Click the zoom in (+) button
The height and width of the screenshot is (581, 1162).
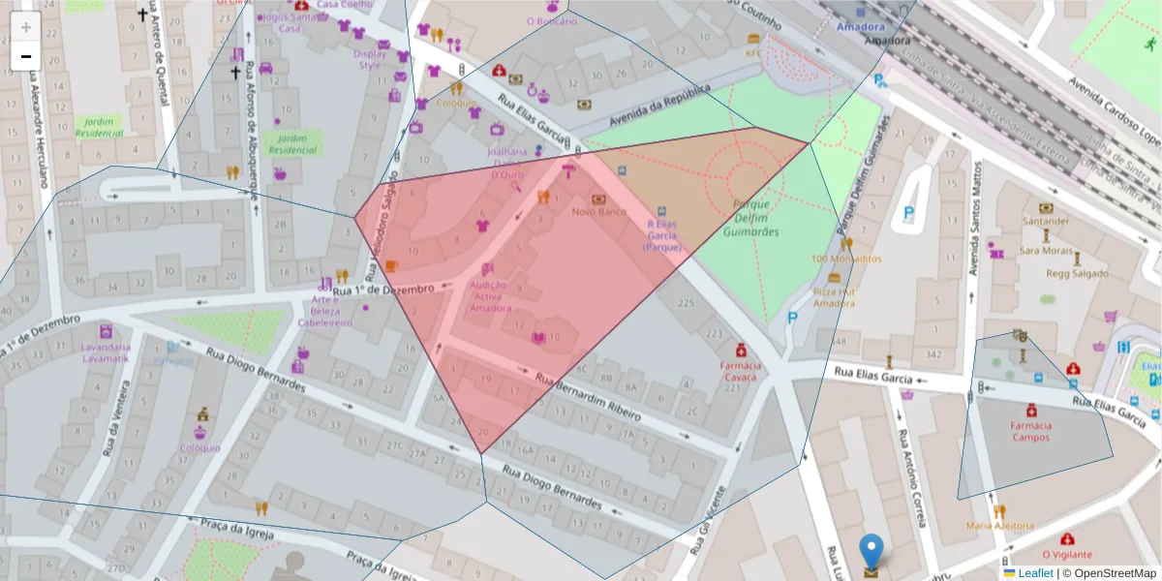(26, 27)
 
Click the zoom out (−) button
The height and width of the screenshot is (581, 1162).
(26, 56)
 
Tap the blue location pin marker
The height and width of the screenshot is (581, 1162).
(871, 551)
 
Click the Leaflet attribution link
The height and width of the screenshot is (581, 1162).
(1034, 573)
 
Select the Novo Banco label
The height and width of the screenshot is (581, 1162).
(597, 211)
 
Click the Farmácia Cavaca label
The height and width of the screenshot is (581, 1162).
(740, 372)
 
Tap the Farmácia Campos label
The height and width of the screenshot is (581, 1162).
(1031, 431)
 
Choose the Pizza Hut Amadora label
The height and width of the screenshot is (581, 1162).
(834, 297)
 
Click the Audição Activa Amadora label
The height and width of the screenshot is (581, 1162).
(490, 296)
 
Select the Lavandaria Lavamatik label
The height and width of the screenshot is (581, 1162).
(106, 352)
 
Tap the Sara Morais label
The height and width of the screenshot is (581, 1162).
(1046, 250)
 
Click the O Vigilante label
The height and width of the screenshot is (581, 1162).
(1067, 553)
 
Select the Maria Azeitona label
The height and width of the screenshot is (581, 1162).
(999, 526)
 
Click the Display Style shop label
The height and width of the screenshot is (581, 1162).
(370, 60)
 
